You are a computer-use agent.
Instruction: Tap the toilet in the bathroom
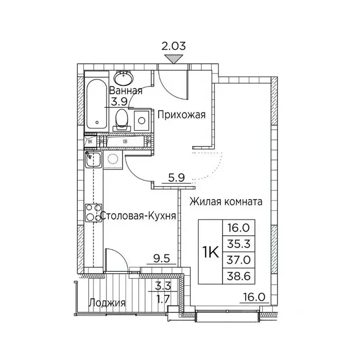[121, 119]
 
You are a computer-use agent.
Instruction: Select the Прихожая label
[181, 114]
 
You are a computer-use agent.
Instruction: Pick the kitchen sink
[94, 160]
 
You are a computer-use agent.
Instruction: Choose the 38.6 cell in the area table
[240, 277]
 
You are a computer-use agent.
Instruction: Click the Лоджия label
[107, 303]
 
